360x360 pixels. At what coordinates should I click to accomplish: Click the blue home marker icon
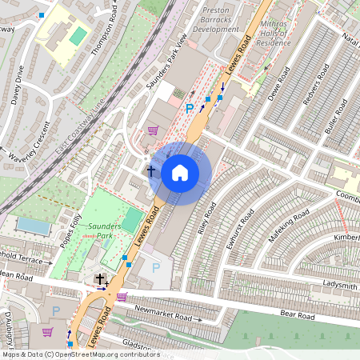pyautogui.click(x=180, y=173)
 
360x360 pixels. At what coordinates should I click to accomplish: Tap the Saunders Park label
pyautogui.click(x=104, y=231)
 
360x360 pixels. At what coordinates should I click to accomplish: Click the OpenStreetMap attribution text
pyautogui.click(x=80, y=354)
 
